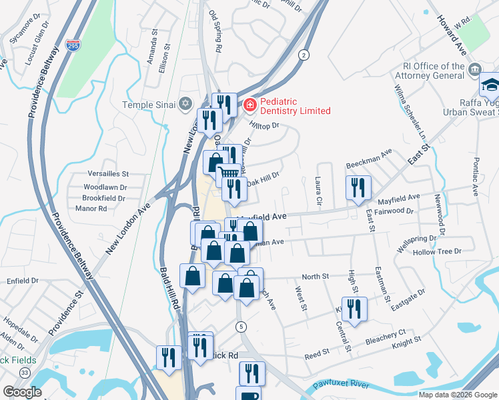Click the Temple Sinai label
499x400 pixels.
[148, 104]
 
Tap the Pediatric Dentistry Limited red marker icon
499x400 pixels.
[249, 104]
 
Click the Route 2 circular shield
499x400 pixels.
[304, 55]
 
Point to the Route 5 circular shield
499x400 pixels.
[241, 326]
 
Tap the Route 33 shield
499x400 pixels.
[25, 372]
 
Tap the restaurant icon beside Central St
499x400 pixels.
[354, 308]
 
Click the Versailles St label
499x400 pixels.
[107, 173]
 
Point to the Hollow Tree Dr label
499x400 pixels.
[437, 251]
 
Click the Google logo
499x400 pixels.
[23, 391]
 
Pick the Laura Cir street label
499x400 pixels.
[316, 192]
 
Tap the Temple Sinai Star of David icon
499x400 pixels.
[185, 104]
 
